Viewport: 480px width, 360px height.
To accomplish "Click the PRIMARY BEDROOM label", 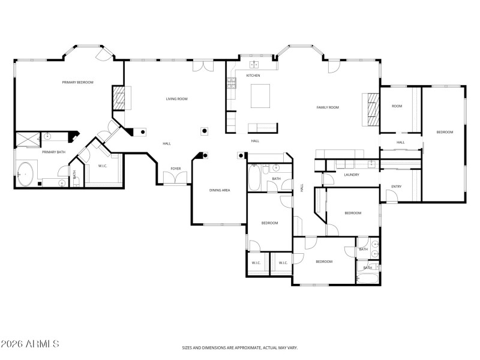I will [78, 82].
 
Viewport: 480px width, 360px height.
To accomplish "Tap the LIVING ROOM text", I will [177, 99].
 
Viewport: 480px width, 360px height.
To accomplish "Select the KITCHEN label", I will [253, 76].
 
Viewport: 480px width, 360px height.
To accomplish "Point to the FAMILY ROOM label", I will [328, 107].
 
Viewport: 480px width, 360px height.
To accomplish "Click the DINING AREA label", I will [220, 190].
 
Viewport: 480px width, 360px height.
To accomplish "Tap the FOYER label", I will [175, 169].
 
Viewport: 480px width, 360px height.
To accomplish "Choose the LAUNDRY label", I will [352, 175].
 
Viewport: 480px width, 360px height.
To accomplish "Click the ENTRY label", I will [396, 186].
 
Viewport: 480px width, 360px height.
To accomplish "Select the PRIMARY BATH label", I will [53, 152].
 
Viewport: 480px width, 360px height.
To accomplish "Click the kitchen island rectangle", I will [261, 95].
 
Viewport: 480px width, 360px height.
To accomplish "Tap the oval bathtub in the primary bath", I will [26, 173].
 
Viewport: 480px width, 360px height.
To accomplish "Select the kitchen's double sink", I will [254, 64].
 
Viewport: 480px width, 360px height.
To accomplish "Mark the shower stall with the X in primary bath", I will [26, 139].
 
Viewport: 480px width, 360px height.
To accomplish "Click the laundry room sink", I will [371, 163].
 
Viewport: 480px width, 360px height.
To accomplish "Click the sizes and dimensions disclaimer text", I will [240, 347].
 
